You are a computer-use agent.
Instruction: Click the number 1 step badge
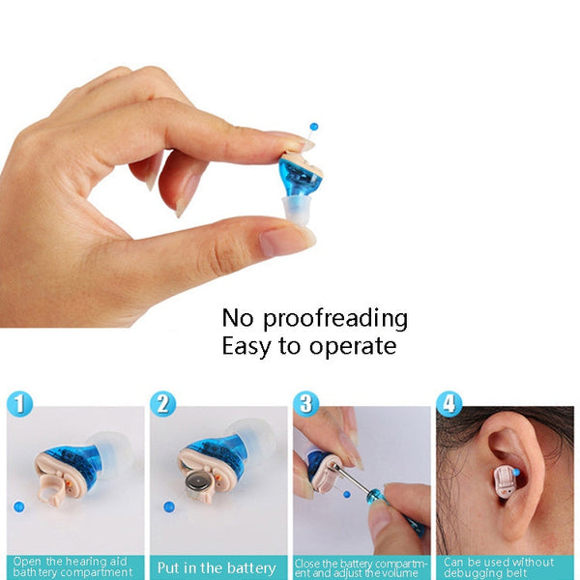pos(19,403)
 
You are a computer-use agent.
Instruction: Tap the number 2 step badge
pos(164,403)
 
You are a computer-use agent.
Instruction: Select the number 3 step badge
pos(306,403)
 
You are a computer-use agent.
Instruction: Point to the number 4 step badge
pos(449,403)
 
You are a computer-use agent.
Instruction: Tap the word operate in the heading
pos(354,346)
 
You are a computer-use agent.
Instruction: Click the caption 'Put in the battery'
pos(217,567)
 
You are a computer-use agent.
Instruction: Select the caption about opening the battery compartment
pos(73,567)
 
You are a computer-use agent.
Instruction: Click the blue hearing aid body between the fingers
pos(301,175)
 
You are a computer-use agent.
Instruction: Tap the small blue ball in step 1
pos(16,506)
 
